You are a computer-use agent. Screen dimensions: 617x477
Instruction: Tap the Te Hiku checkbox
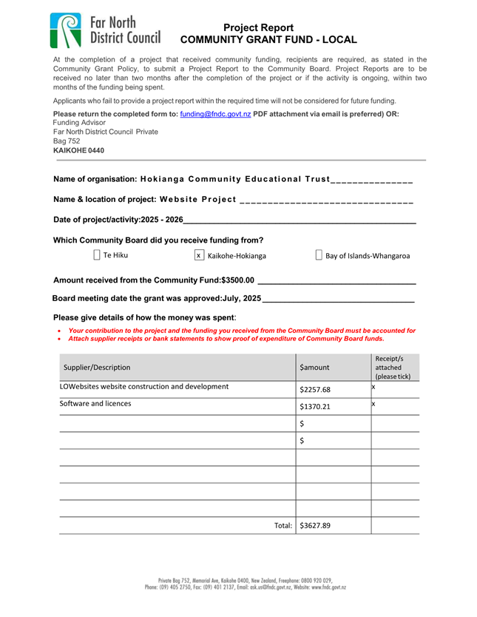[x=97, y=255]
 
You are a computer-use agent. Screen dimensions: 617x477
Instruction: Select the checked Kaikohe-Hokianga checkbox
[x=199, y=255]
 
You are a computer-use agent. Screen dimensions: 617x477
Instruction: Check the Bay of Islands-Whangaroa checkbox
[x=319, y=255]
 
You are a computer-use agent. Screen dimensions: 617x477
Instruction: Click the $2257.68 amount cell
[x=316, y=391]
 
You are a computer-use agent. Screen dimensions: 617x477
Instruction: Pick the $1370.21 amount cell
[x=316, y=407]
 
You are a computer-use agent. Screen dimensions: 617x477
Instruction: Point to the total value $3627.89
[x=315, y=526]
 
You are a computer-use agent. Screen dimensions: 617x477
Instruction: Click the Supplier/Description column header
[x=97, y=367]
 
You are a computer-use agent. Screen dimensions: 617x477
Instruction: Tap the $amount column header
[x=315, y=367]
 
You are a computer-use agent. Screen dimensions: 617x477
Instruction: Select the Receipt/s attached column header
[x=393, y=367]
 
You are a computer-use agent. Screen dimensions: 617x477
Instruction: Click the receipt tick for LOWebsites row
[x=374, y=387]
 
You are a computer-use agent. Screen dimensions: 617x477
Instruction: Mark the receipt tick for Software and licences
[x=374, y=404]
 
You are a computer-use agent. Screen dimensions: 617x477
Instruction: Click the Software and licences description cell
[x=96, y=404]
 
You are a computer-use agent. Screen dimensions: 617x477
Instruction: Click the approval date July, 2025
[x=241, y=298]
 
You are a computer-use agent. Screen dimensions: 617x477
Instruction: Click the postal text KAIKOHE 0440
[x=79, y=150]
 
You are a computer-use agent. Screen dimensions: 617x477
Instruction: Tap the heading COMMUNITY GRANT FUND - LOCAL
[x=268, y=40]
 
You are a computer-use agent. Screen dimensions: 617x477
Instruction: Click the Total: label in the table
[x=283, y=526]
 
